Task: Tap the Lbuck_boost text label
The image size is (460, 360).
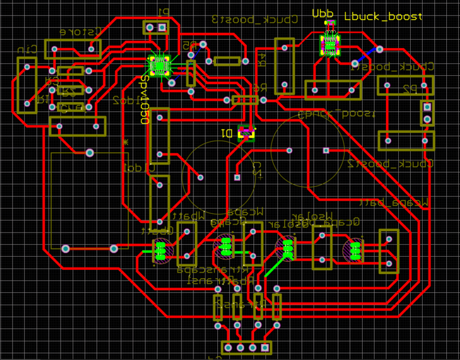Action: tap(383, 17)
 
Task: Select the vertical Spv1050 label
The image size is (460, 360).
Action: tap(145, 100)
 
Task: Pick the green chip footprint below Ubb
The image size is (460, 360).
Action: tap(330, 44)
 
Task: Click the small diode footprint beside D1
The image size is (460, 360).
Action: tap(246, 132)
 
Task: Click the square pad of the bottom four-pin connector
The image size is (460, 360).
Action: tap(228, 347)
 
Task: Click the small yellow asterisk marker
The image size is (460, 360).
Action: tap(125, 142)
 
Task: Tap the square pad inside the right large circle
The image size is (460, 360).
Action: tap(326, 150)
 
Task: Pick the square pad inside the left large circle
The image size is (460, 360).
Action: tap(237, 177)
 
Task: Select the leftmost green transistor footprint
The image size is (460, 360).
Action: tap(160, 251)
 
